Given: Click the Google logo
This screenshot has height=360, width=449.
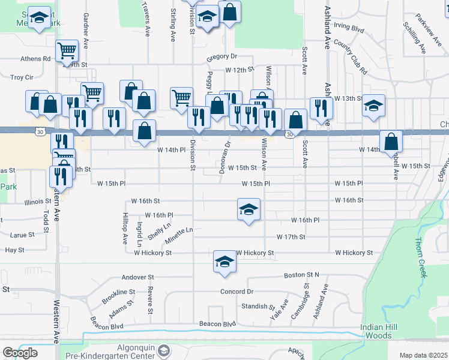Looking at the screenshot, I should [20, 353].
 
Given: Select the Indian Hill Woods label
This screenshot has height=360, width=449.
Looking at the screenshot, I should [376, 331].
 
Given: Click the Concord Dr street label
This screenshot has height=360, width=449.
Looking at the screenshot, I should [237, 292].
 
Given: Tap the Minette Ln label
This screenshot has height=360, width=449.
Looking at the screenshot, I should [179, 235].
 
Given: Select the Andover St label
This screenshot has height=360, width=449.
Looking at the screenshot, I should [138, 277].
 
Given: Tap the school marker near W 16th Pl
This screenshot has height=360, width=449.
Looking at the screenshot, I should [249, 209].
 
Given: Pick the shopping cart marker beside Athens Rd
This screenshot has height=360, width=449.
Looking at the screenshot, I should [67, 50].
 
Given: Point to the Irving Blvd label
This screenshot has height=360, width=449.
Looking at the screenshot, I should [349, 27].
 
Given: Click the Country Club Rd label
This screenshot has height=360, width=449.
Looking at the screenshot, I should [351, 57].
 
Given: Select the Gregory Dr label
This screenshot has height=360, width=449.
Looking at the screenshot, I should [222, 56].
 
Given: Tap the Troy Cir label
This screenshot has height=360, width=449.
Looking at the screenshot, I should [22, 77].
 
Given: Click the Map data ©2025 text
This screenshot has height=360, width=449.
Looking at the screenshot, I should [424, 355].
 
